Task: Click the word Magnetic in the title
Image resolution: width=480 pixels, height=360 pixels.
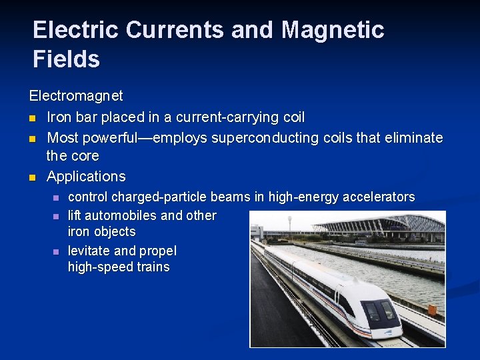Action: pos(333,30)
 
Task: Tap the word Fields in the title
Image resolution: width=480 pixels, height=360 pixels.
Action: pos(66,59)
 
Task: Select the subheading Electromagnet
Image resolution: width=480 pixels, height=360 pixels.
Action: pos(76,96)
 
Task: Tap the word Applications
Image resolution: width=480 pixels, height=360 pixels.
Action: pos(86,177)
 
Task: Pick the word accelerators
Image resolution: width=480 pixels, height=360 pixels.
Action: pos(376,197)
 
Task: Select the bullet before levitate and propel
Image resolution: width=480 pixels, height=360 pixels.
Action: pos(56,252)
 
